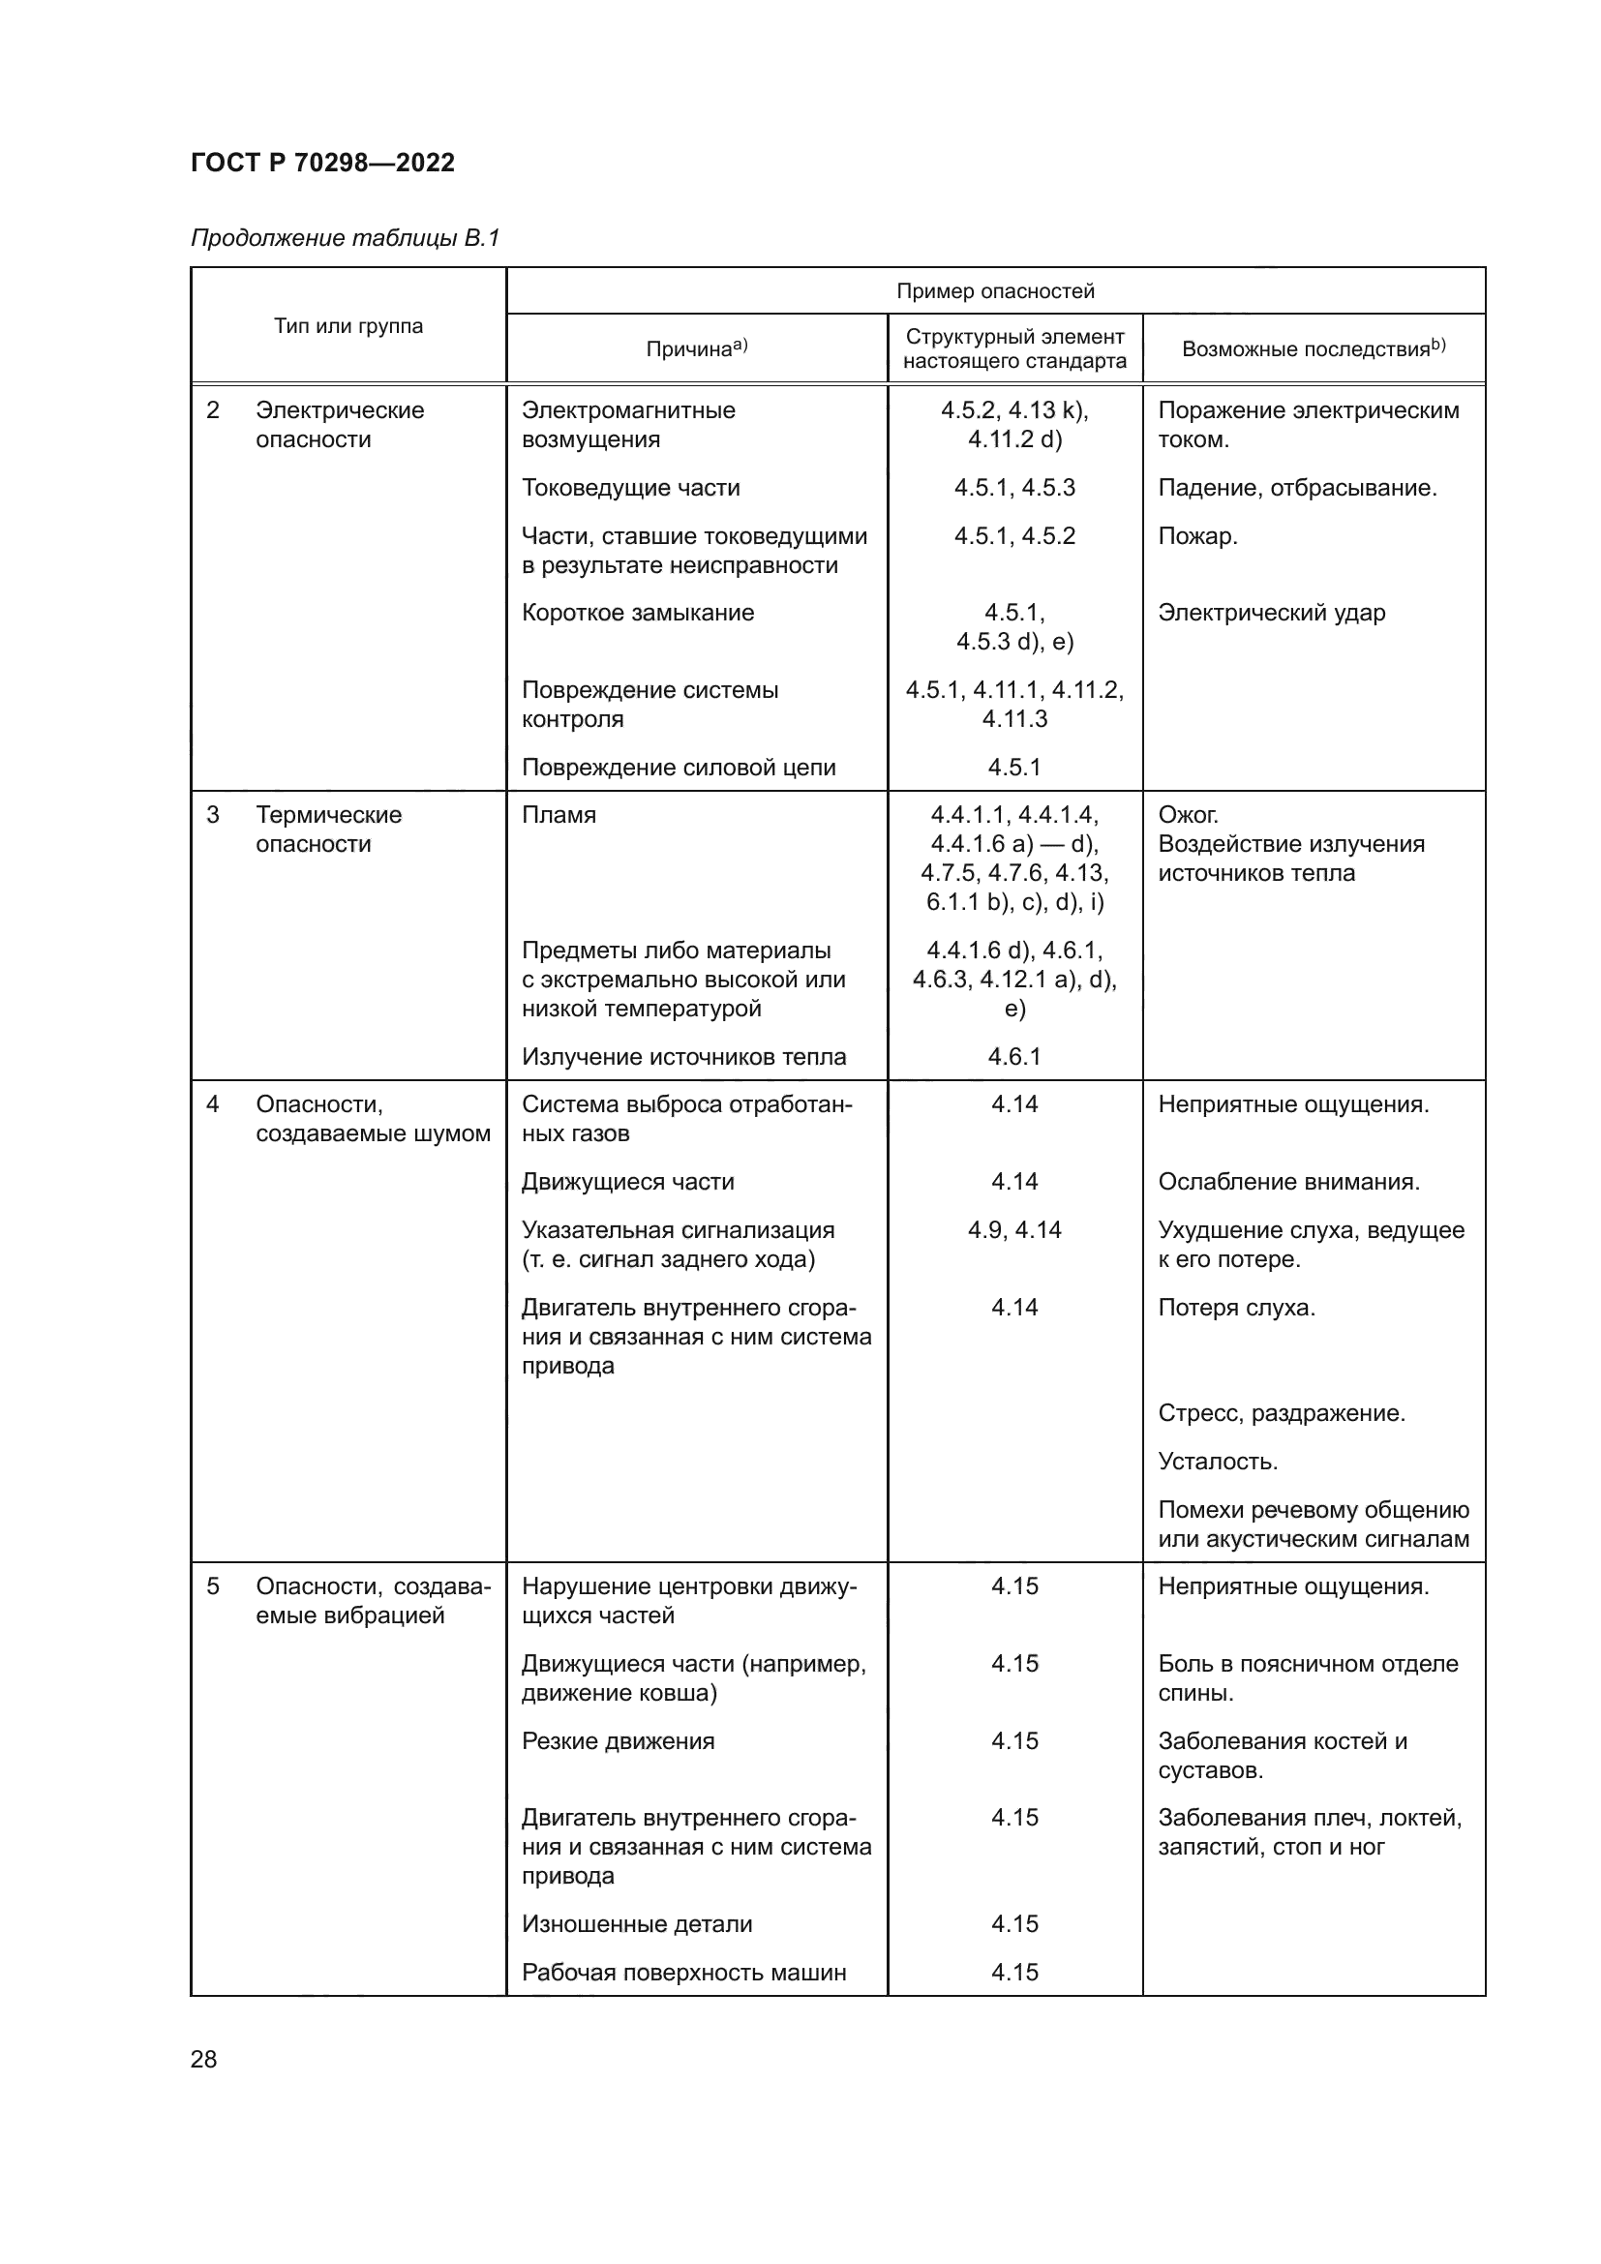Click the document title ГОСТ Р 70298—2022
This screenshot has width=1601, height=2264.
[322, 163]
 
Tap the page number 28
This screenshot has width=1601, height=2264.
[204, 2059]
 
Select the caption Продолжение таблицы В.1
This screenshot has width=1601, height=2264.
[345, 238]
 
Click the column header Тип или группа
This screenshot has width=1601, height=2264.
[348, 326]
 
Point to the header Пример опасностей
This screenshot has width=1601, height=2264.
[995, 291]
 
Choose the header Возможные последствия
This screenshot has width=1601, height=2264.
[1313, 348]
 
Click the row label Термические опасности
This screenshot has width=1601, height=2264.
[328, 830]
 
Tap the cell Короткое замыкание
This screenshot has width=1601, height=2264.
[638, 613]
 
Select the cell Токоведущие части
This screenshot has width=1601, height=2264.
[630, 488]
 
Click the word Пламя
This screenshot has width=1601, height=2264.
[559, 815]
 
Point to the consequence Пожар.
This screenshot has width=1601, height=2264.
[1197, 536]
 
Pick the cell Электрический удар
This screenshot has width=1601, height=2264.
[1272, 613]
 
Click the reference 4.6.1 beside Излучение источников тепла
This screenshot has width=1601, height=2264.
[1014, 1057]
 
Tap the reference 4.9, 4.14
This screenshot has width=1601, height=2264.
[1014, 1229]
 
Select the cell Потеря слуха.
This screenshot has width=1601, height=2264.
[1236, 1308]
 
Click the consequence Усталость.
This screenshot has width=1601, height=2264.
[1218, 1462]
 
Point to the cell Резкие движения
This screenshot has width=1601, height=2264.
[619, 1740]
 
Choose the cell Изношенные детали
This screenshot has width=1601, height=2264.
[637, 1924]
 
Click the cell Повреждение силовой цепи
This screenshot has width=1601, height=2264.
[679, 768]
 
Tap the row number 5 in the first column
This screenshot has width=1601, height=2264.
[213, 1586]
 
